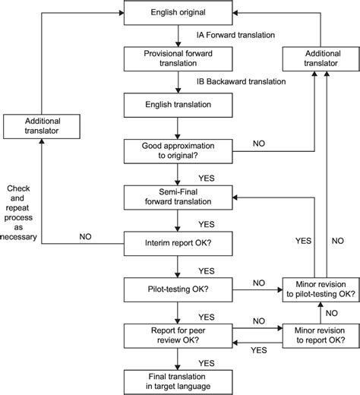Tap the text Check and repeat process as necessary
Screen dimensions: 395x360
pos(21,209)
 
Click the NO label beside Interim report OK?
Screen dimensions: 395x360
pos(86,236)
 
